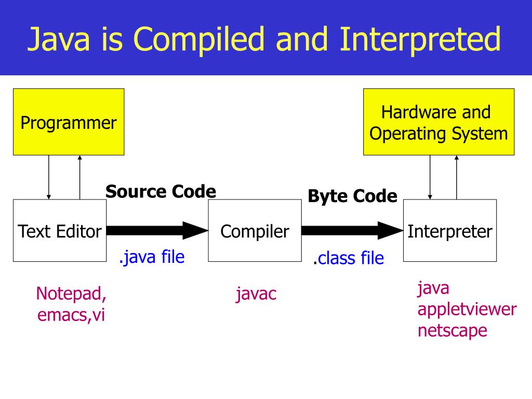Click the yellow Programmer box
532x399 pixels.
tap(69, 122)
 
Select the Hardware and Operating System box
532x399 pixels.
tap(438, 122)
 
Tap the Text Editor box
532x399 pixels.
tap(59, 231)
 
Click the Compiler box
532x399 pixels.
tap(255, 231)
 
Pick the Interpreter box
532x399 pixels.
tap(450, 231)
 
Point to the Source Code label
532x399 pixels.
tap(161, 192)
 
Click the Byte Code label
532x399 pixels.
tap(352, 196)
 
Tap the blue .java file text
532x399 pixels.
tap(152, 257)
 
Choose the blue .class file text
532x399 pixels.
tap(349, 258)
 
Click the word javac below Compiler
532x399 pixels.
tap(256, 295)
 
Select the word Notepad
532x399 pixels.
tap(71, 294)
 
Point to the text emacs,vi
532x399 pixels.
tap(71, 315)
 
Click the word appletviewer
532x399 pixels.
tap(467, 310)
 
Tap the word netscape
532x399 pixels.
tap(453, 330)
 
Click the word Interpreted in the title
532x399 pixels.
tap(420, 39)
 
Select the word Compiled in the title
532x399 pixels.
tap(203, 39)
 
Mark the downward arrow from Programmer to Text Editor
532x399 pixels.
tap(49, 177)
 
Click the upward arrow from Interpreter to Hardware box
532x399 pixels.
tap(457, 177)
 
